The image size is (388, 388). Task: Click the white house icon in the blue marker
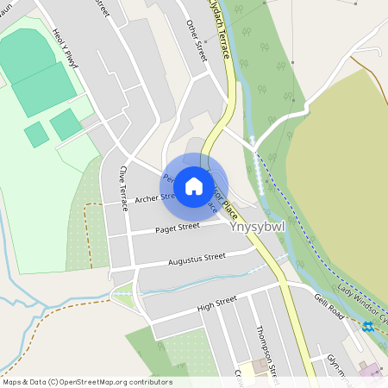tap(194, 185)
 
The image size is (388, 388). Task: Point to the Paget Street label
tap(177, 228)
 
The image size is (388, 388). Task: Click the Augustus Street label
tap(197, 258)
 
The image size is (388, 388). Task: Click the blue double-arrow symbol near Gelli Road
tap(367, 326)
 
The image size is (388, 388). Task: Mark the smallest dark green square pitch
tap(36, 134)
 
